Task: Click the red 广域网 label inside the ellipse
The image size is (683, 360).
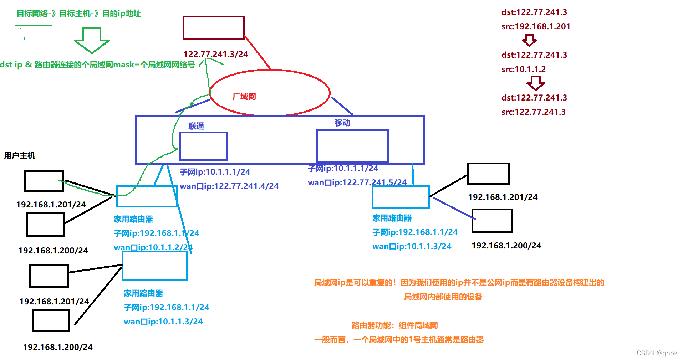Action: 244,96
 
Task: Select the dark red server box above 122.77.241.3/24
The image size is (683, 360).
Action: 213,27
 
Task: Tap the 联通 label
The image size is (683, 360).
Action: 196,126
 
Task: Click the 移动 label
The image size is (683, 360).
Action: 342,123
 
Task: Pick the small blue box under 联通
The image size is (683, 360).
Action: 203,146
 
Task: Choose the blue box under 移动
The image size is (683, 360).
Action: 352,146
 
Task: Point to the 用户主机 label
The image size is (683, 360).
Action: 20,155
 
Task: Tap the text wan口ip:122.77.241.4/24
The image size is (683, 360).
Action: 229,186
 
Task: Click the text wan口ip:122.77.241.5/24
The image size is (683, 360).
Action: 357,182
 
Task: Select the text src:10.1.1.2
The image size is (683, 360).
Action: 523,69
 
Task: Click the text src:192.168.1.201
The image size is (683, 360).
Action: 535,26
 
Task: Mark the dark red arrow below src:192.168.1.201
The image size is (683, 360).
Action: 529,40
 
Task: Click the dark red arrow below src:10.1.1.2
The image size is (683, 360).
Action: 535,83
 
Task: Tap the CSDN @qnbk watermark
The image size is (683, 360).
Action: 657,353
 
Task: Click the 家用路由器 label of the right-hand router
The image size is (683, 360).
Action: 392,218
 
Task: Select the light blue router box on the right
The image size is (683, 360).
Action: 401,197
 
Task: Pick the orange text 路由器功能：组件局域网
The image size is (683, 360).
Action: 394,325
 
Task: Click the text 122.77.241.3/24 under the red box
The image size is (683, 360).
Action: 215,54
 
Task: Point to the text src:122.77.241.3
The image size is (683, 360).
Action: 533,112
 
